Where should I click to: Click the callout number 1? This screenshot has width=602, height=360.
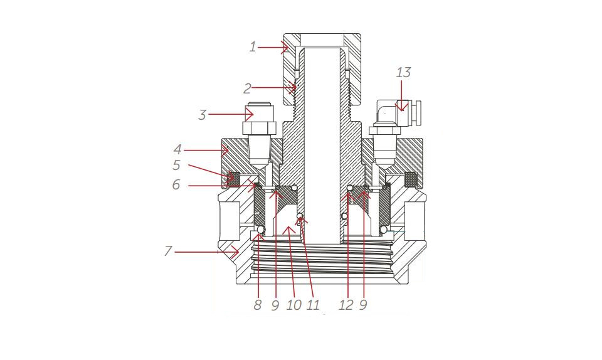tap(253, 47)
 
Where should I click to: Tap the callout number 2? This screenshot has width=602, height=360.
tap(247, 88)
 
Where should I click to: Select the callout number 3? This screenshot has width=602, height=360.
tap(203, 115)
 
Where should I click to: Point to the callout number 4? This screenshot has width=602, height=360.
tap(177, 150)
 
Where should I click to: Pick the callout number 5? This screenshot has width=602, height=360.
tap(176, 166)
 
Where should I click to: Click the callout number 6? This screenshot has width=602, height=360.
tap(176, 184)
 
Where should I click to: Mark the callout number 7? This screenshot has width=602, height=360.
tap(168, 251)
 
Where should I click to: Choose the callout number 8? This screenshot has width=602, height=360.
tap(258, 305)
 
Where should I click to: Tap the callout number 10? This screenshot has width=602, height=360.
tap(294, 305)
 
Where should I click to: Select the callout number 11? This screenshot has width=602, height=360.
tap(314, 305)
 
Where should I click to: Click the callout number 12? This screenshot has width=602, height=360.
tap(346, 305)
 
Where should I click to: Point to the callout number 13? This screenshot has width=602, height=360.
tap(403, 72)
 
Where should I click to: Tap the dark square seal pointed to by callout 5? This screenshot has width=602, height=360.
tap(233, 179)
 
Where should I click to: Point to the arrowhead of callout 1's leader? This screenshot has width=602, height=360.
tap(285, 48)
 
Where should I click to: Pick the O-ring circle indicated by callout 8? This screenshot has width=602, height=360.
tap(261, 230)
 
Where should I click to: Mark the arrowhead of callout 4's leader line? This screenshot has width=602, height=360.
tap(225, 151)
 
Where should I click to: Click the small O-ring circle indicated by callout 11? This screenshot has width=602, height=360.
tap(300, 216)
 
